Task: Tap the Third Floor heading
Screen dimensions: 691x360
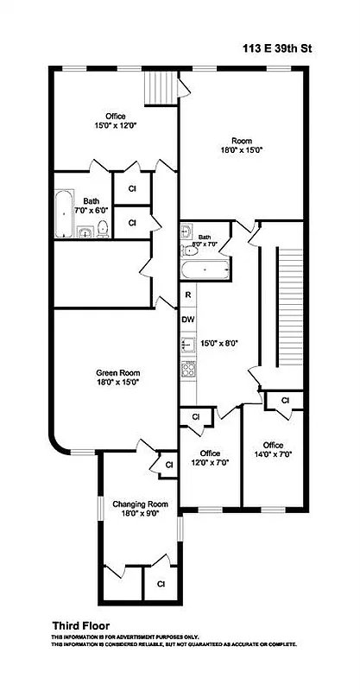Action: (80, 625)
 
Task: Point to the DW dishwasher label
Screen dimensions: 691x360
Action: (187, 318)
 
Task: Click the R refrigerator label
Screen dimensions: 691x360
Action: (186, 295)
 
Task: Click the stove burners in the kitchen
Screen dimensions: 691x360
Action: (187, 368)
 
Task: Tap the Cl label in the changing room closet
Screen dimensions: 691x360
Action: (161, 584)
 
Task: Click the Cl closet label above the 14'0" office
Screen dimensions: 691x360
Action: (285, 399)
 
